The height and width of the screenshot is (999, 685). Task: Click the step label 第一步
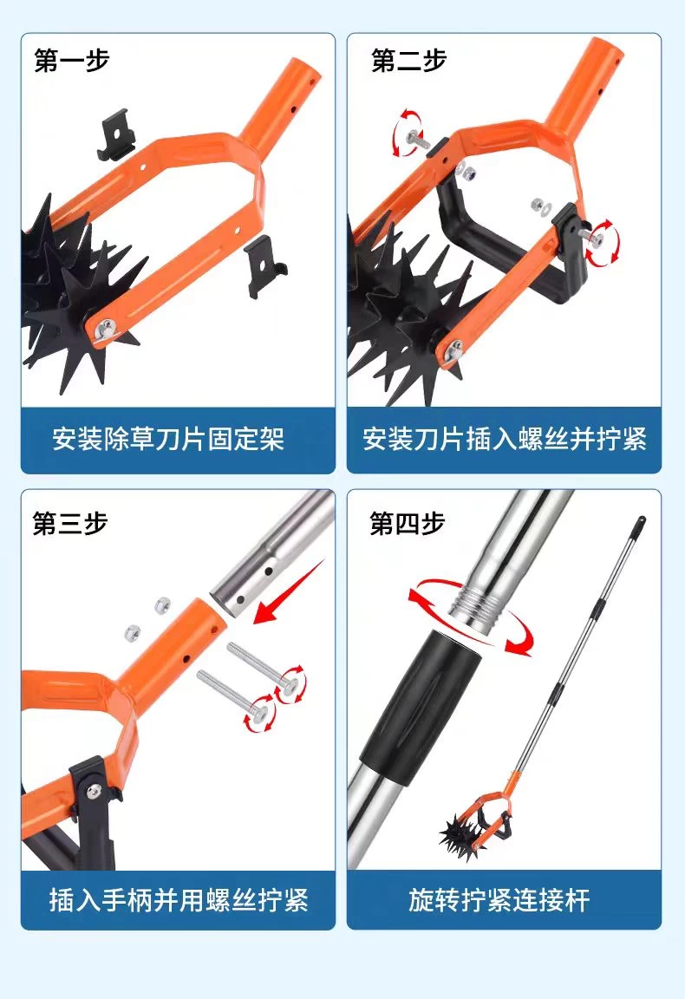pyautogui.click(x=71, y=61)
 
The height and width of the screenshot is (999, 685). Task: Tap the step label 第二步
pyautogui.click(x=408, y=61)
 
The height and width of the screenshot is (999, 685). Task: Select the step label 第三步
pyautogui.click(x=70, y=524)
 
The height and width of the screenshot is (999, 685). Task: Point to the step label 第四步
pyautogui.click(x=408, y=524)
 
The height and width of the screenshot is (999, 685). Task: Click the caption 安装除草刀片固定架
pyautogui.click(x=168, y=439)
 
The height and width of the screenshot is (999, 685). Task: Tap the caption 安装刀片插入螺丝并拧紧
pyautogui.click(x=504, y=439)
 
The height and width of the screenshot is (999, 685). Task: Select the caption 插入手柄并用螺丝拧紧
pyautogui.click(x=179, y=899)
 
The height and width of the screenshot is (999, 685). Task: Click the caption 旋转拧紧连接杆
pyautogui.click(x=499, y=899)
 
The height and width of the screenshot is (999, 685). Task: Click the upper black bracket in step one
pyautogui.click(x=116, y=134)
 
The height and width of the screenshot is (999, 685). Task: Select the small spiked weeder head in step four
pyautogui.click(x=463, y=835)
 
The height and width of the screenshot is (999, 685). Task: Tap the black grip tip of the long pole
pyautogui.click(x=639, y=525)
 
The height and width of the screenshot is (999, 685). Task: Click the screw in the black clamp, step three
pyautogui.click(x=95, y=791)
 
